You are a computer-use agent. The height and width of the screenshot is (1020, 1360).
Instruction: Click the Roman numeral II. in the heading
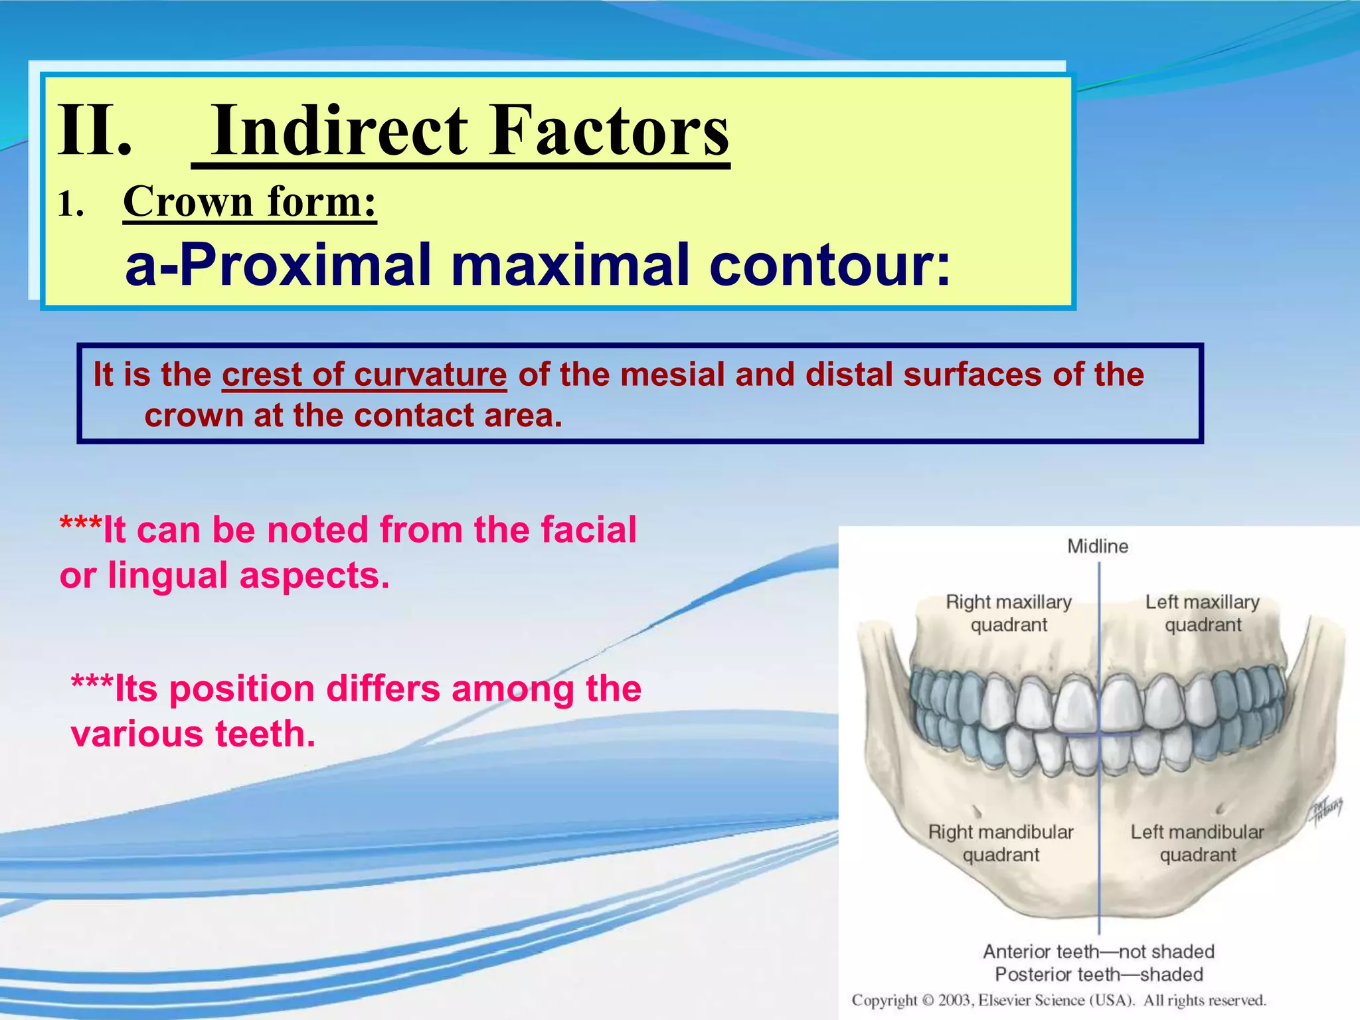coord(94,131)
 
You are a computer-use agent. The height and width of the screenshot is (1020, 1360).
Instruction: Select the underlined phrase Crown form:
coord(250,202)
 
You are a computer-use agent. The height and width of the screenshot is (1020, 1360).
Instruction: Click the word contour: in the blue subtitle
coord(829,265)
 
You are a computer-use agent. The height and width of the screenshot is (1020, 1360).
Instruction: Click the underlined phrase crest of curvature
coord(364,375)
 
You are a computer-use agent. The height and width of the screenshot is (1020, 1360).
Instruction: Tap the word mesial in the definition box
coord(673,375)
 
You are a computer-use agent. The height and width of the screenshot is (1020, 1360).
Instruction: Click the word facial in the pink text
coord(588,530)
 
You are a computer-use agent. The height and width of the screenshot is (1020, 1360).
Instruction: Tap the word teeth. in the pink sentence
coord(265,734)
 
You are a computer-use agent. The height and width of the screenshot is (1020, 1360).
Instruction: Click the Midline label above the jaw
coord(1098,547)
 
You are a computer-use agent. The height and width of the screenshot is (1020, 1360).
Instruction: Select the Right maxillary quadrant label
coord(1009,613)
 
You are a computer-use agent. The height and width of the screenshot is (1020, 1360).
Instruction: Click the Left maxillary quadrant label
coord(1203,613)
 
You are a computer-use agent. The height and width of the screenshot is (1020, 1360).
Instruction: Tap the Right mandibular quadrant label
coord(1001,843)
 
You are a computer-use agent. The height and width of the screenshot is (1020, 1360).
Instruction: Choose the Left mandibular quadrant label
coord(1197,843)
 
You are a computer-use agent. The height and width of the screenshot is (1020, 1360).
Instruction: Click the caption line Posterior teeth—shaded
coord(1098,974)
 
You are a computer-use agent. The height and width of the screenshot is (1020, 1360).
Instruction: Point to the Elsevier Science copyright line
coord(1059,1001)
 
